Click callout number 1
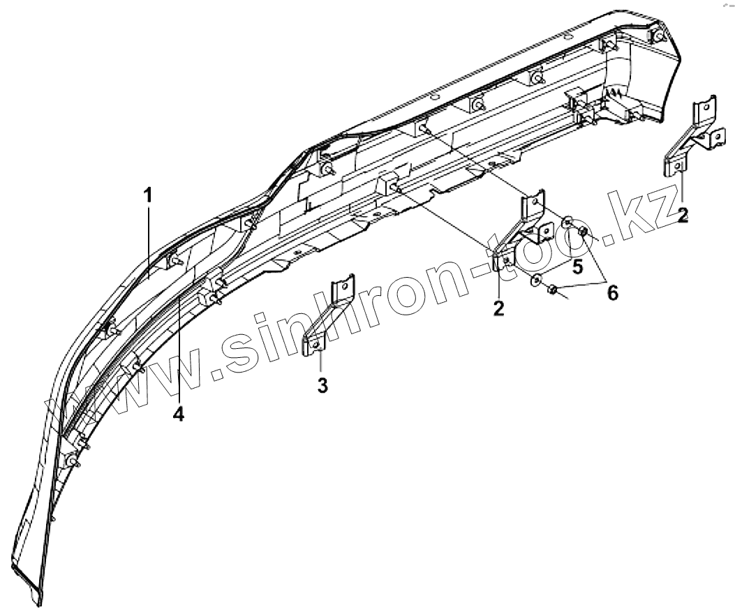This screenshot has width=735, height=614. point(148,196)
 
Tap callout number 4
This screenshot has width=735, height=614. point(179,414)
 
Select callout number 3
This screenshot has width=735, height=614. point(322,384)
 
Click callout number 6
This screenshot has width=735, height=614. point(611,292)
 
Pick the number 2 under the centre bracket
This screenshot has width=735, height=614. point(498,308)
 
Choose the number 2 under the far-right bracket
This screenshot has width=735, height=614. point(683,214)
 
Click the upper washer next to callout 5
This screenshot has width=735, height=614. point(568,223)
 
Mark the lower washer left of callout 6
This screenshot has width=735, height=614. point(536,280)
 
